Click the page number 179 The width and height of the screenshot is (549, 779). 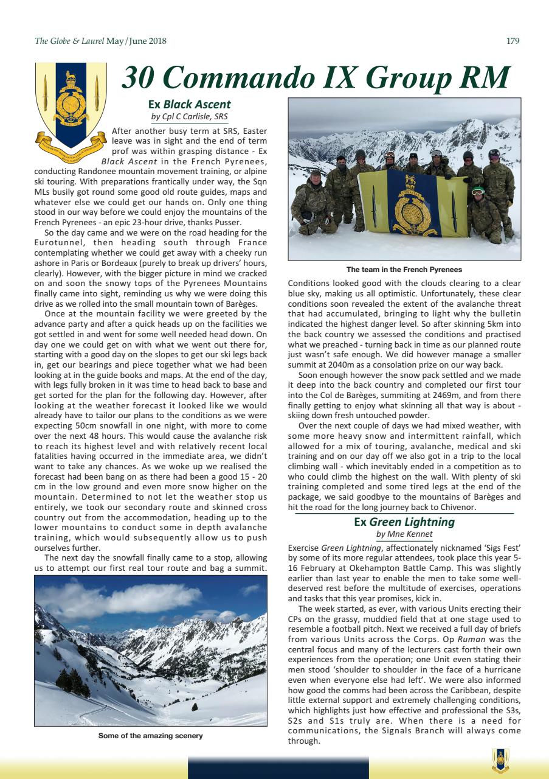point(513,41)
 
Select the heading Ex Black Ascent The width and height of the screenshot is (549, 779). point(189,104)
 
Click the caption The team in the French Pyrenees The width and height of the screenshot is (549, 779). point(404,269)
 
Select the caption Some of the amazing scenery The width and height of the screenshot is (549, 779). point(151,736)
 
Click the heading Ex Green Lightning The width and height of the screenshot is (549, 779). point(404,522)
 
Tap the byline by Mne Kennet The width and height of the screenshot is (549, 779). point(404,534)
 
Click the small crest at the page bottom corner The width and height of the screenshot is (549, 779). point(500,760)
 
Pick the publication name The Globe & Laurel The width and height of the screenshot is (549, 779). point(69,41)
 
